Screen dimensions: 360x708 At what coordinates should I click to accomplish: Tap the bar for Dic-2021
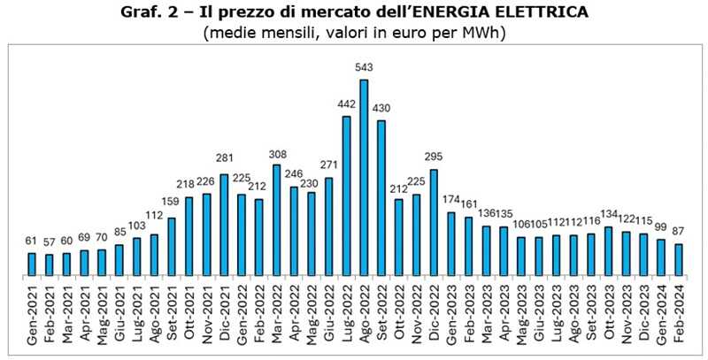[225, 226]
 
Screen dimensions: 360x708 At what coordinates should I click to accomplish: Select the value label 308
[277, 156]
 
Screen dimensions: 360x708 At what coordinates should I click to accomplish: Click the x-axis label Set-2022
[381, 318]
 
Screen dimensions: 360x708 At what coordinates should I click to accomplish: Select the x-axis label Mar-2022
[277, 318]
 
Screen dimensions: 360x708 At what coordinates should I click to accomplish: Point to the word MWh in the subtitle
[486, 34]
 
